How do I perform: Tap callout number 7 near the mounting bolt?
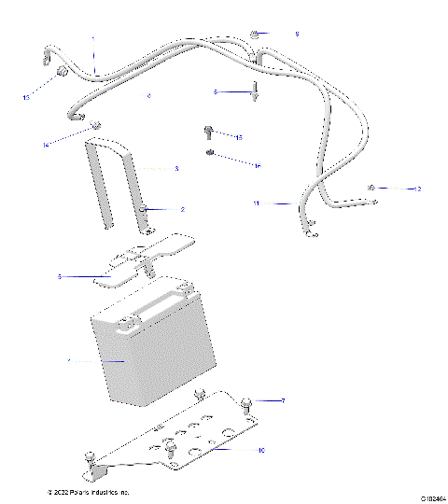pos(283,400)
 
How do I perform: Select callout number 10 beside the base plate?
pos(261,450)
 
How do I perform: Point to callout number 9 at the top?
pos(297,34)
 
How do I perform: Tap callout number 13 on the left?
pos(26,97)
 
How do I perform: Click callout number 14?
pos(45,145)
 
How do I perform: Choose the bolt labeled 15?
pos(208,132)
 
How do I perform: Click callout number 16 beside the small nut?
pos(257,165)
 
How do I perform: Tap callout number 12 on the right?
pos(418,189)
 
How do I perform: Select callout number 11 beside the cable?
pos(257,203)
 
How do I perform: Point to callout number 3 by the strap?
pos(175,169)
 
